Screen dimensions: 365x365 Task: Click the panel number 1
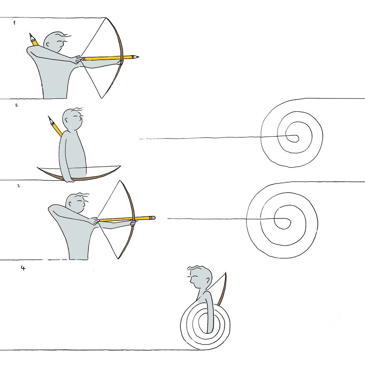pos(15,23)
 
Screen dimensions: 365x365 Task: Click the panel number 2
pos(16,105)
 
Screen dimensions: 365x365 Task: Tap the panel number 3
pos(18,186)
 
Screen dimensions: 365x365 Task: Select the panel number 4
pos(23,268)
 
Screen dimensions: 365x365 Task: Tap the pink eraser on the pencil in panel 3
pos(153,217)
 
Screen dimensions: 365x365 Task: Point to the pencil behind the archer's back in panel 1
pos(33,40)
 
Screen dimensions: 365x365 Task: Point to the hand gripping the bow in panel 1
pos(121,62)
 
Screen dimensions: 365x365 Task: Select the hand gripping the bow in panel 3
pos(133,223)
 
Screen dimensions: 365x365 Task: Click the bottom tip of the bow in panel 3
pos(118,258)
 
